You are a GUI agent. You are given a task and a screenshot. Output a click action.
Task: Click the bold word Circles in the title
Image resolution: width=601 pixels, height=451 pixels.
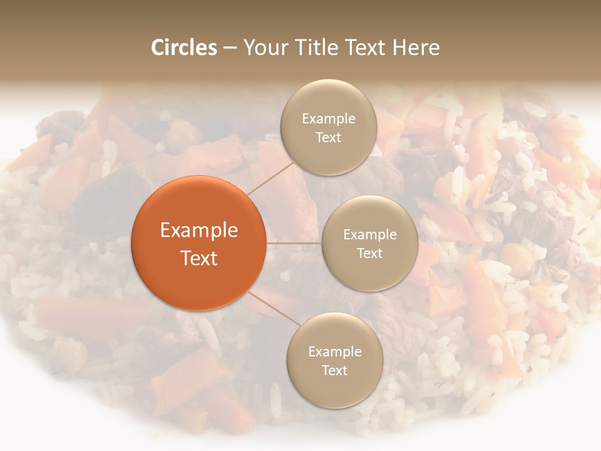click(x=184, y=48)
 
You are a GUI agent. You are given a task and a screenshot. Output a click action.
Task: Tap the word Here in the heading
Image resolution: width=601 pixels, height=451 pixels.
click(x=416, y=48)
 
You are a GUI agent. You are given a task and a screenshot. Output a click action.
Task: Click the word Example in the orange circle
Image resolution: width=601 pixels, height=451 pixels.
click(x=198, y=231)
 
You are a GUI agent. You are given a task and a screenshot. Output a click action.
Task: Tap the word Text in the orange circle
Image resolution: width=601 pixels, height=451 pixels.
click(x=198, y=258)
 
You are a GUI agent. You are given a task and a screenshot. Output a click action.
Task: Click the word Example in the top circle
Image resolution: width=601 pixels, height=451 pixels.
click(x=328, y=119)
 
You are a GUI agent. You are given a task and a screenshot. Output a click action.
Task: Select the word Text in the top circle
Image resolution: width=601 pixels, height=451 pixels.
click(x=328, y=137)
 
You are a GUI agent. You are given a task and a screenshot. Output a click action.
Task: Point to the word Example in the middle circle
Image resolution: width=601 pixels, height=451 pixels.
click(x=369, y=235)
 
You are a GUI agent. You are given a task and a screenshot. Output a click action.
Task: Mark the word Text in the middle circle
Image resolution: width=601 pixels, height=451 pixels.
click(x=369, y=253)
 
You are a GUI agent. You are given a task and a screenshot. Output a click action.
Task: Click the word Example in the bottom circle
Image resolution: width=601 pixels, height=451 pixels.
click(x=334, y=352)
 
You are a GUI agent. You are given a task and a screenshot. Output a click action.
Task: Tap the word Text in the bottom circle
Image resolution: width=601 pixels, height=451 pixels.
click(x=334, y=370)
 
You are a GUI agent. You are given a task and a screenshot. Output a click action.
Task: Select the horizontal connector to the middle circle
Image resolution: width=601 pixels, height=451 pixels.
click(x=294, y=242)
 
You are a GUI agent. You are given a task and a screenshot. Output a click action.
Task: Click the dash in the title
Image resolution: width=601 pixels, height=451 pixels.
click(x=230, y=48)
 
